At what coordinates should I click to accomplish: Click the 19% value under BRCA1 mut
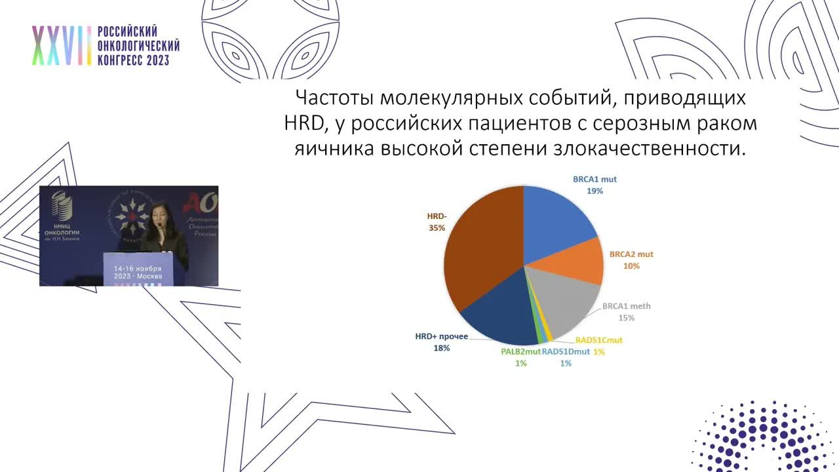595,191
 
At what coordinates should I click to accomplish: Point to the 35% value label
437,227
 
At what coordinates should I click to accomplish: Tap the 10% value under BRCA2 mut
632,266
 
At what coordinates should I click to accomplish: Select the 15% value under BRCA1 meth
627,318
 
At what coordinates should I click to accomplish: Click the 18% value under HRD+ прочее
441,348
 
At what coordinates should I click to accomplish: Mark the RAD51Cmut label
598,340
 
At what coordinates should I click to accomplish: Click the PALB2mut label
520,351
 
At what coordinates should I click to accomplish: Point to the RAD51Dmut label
566,351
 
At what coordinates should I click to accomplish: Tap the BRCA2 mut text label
632,254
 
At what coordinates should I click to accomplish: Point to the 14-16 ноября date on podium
138,269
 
